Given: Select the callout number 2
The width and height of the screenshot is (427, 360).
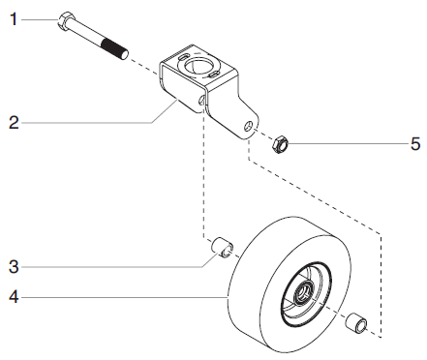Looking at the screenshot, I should [x=14, y=122].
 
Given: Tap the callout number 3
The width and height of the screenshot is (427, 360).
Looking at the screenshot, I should [x=14, y=264].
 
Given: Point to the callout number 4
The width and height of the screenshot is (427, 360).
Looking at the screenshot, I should [x=14, y=298].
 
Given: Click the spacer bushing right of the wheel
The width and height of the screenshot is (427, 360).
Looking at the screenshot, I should [x=359, y=321].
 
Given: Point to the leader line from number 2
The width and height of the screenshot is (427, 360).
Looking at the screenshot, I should [x=87, y=122].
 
